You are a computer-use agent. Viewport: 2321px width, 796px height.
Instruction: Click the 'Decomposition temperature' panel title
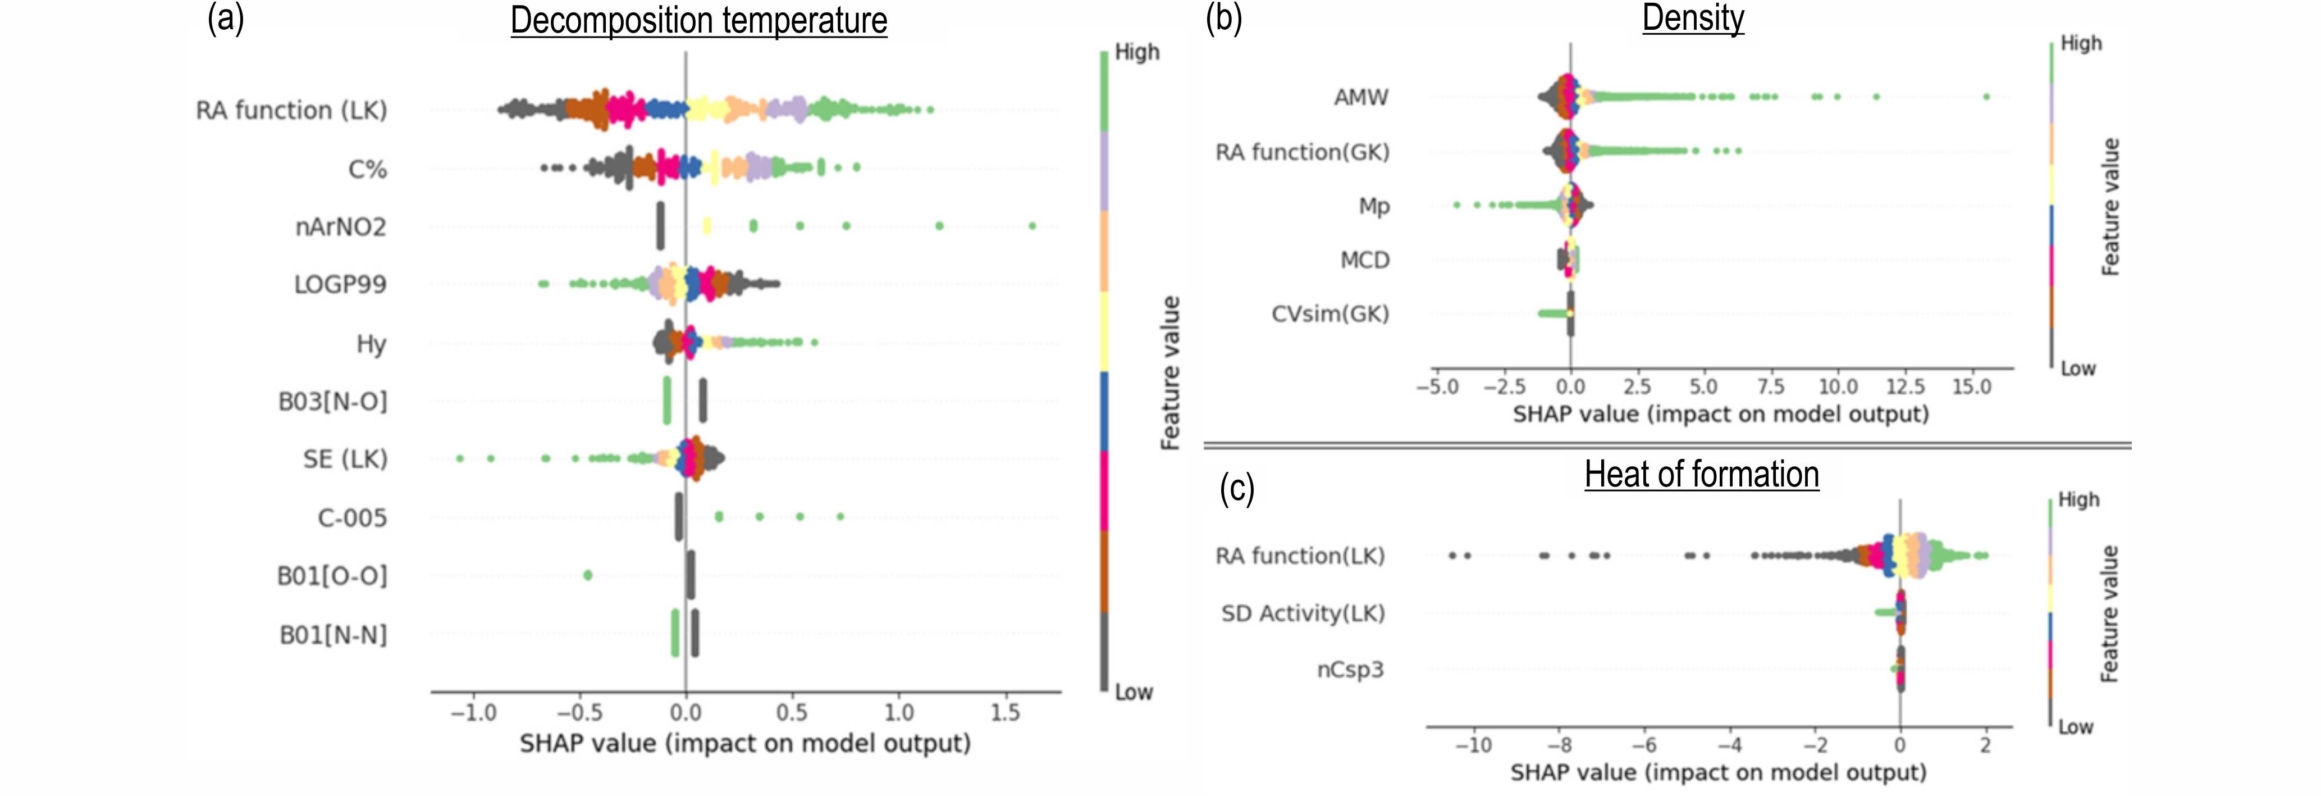point(698,21)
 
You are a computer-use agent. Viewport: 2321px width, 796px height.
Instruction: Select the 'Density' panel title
point(1693,18)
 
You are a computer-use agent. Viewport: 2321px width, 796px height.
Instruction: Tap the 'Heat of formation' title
point(1701,474)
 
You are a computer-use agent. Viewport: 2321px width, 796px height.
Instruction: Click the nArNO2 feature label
point(341,226)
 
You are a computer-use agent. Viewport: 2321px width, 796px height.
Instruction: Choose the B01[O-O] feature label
point(332,576)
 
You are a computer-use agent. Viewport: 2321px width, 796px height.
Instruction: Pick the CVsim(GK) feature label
point(1330,313)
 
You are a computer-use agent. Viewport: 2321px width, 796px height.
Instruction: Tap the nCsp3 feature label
point(1350,670)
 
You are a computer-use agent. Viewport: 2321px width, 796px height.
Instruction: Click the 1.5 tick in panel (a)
point(1006,713)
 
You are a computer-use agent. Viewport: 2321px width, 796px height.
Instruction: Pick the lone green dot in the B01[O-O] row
point(587,575)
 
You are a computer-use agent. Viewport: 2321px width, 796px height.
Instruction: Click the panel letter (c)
point(1237,489)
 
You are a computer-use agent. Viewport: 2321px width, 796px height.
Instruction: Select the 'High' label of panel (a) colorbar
point(1137,52)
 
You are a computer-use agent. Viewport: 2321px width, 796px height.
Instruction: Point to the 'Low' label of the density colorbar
point(2078,369)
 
